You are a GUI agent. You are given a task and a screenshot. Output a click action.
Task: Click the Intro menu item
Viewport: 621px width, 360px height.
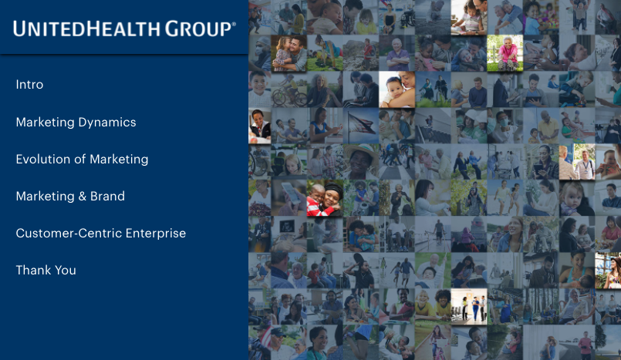click(x=30, y=85)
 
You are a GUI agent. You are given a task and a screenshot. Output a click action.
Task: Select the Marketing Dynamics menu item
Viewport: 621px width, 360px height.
click(x=76, y=123)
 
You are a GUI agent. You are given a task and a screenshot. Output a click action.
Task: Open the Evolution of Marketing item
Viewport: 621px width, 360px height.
click(x=82, y=160)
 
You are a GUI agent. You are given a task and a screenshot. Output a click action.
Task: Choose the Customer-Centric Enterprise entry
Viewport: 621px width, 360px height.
click(x=101, y=234)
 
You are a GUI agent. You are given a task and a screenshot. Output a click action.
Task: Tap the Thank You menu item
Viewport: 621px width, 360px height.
click(x=46, y=271)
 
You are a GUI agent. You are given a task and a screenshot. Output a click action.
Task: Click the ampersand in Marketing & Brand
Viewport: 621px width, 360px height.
click(x=83, y=197)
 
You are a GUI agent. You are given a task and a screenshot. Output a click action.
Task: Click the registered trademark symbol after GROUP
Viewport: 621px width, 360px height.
click(x=234, y=24)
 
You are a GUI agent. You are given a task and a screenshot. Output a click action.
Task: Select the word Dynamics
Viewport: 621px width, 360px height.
click(x=107, y=123)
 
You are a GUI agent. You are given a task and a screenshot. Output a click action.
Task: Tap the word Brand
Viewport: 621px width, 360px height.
click(x=108, y=197)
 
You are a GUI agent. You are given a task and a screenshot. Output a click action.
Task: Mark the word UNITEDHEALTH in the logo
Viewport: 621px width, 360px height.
click(x=87, y=29)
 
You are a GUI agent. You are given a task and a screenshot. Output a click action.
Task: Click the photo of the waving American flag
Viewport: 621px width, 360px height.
click(x=361, y=126)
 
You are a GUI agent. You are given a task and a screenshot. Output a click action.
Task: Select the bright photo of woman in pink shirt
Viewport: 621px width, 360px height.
click(x=505, y=53)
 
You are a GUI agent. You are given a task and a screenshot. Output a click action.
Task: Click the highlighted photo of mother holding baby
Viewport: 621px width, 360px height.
click(x=397, y=89)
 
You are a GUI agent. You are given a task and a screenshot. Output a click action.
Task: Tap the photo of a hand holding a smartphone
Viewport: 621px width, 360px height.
click(x=289, y=198)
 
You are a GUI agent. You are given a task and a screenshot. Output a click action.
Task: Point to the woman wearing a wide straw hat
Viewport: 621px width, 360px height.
click(x=361, y=162)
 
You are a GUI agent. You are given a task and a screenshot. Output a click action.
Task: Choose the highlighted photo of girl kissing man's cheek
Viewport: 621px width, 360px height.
click(x=289, y=53)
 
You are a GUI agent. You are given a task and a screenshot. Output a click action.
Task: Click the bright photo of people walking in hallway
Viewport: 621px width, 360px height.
click(x=469, y=307)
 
